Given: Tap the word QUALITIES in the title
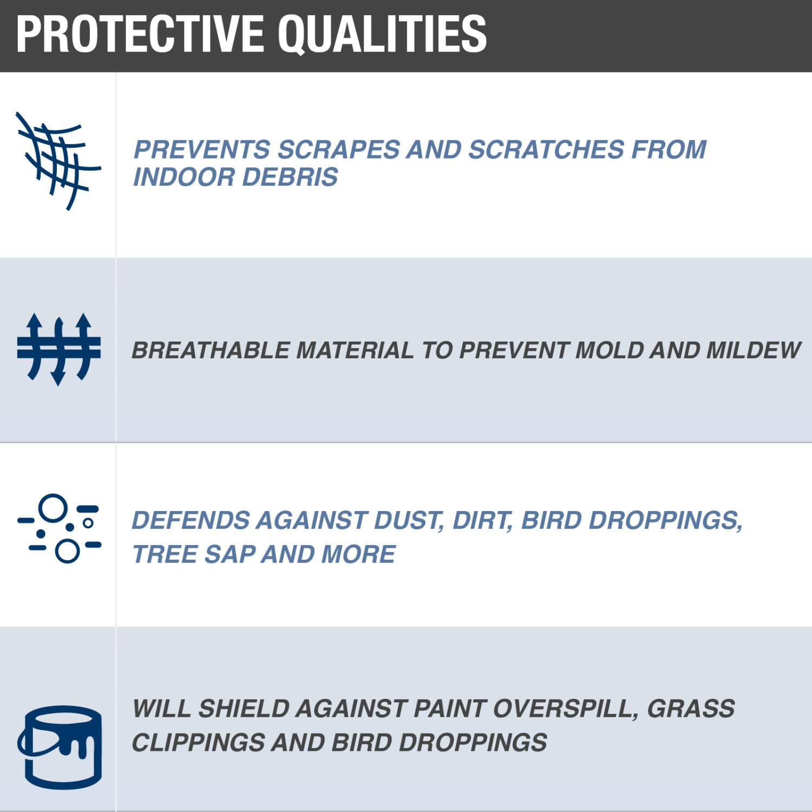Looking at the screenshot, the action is [x=382, y=35].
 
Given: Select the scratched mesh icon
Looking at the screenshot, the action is [x=58, y=161].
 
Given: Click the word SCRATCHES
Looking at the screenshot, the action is [x=546, y=149].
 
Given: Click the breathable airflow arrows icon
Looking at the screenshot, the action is [x=58, y=349].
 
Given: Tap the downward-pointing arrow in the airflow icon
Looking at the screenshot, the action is [x=58, y=352].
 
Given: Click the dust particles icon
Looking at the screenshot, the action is [x=59, y=528].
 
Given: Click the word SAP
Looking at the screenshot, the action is [x=230, y=554].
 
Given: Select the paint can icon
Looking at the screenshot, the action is [x=60, y=747].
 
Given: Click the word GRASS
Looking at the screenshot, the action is [x=691, y=709].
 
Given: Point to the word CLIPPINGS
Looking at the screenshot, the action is [x=198, y=743].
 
